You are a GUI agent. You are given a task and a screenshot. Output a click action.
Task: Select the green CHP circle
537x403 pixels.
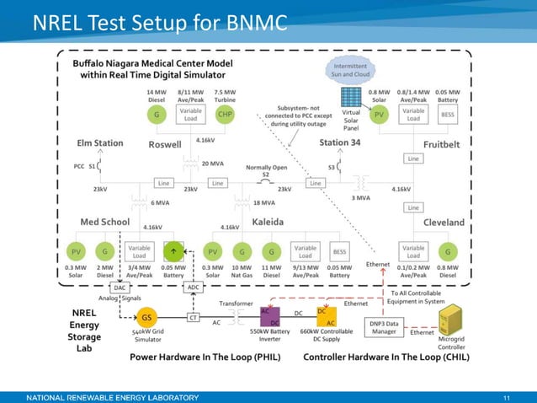[x=225, y=115]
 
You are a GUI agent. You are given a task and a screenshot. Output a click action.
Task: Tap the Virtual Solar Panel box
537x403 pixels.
[x=351, y=121]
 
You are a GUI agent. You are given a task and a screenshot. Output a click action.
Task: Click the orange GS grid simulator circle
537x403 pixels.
[x=146, y=317]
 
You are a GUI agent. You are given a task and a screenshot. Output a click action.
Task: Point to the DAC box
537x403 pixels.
[x=96, y=287]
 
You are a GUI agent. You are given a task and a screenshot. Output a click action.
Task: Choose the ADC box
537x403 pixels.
[x=192, y=287]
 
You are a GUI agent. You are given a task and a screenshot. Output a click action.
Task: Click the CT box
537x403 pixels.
[x=192, y=318]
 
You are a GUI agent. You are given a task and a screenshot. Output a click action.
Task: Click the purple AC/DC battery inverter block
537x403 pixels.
[x=275, y=318]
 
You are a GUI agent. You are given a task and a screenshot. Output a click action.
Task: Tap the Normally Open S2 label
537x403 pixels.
[x=265, y=170]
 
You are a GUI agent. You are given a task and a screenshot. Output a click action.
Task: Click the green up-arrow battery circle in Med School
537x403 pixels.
[x=174, y=250]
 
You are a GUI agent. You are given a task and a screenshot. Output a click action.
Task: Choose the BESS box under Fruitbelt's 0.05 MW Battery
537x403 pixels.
[x=448, y=115]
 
